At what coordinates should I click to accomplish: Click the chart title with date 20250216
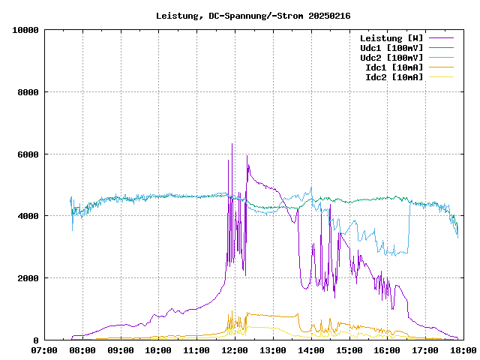point(253,15)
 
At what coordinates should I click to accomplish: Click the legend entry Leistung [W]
point(391,38)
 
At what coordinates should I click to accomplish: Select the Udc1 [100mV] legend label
point(391,48)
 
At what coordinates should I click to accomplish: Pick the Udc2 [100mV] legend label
point(391,58)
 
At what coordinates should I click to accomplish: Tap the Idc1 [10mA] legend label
point(394,67)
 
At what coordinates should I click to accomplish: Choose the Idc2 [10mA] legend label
point(394,77)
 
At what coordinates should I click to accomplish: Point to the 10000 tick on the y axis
point(25,30)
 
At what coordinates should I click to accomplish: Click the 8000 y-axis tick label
point(28,92)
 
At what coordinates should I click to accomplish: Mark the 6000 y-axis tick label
point(28,154)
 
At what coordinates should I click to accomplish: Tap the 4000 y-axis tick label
point(28,216)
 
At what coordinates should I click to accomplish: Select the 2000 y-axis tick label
point(28,278)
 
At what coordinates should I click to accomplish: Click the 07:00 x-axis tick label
point(44,350)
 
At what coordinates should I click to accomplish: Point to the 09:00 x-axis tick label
point(120,350)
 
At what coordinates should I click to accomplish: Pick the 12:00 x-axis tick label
point(235,350)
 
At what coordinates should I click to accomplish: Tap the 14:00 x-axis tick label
point(310,350)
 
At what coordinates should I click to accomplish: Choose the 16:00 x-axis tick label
point(387,350)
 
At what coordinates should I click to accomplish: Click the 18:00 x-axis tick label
point(463,350)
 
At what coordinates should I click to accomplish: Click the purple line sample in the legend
point(441,38)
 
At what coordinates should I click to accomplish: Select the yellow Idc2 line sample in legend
point(441,77)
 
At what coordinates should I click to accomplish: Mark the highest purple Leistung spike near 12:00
point(232,144)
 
